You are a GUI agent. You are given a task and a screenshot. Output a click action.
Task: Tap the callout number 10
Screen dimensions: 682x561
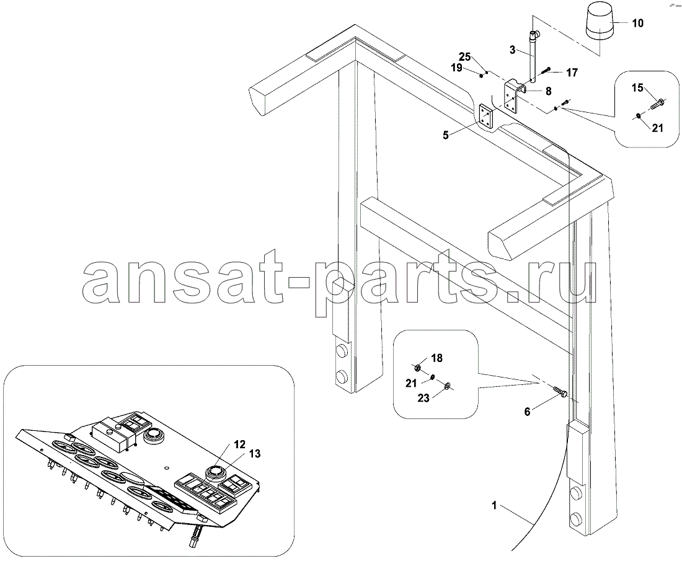637,22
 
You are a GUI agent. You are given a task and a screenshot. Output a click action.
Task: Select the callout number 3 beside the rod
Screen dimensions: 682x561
512,50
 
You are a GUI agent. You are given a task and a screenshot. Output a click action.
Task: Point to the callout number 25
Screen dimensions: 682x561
465,57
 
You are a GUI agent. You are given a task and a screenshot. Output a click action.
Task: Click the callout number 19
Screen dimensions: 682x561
456,68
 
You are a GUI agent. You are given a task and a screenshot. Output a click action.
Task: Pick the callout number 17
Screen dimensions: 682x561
572,72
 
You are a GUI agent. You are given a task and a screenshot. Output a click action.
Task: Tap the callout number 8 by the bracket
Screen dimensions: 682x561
548,91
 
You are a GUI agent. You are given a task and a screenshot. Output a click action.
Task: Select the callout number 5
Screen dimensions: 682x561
445,135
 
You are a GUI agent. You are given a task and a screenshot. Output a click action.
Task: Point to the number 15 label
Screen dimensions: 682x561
637,88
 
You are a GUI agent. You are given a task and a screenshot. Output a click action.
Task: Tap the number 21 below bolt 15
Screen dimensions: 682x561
657,128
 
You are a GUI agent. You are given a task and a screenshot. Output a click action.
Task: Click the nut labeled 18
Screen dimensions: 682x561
416,368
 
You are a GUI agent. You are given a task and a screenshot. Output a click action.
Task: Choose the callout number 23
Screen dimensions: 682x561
423,398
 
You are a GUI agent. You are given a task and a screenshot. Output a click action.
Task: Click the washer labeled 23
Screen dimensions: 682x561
447,385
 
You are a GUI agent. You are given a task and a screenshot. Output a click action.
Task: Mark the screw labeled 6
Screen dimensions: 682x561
560,391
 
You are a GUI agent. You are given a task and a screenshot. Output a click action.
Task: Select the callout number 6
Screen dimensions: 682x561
527,412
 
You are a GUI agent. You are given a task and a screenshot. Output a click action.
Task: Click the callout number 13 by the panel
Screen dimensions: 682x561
254,454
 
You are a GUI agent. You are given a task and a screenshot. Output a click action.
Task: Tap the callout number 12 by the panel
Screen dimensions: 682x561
240,444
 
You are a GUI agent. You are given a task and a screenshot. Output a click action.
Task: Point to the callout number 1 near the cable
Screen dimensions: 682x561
494,505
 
